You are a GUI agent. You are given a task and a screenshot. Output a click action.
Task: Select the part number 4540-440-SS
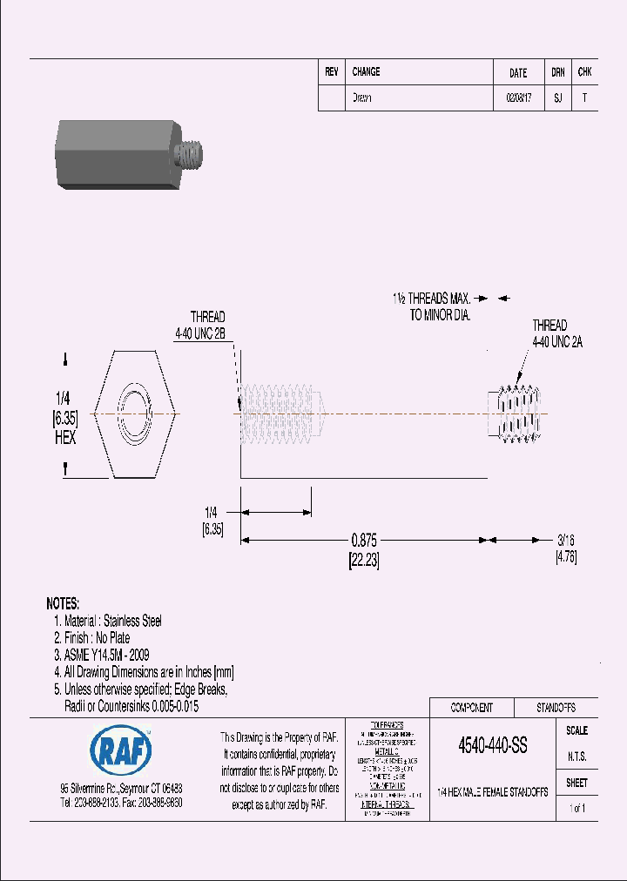pyautogui.click(x=492, y=746)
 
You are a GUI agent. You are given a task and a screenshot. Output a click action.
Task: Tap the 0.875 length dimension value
pyautogui.click(x=363, y=538)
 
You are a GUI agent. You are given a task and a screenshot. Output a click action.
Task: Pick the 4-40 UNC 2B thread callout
pyautogui.click(x=201, y=333)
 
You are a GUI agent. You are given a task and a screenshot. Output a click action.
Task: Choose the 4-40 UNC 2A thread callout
pyautogui.click(x=557, y=341)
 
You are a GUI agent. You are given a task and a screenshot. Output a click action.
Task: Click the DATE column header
pyautogui.click(x=518, y=73)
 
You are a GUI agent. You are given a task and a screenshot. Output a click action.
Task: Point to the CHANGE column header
pyautogui.click(x=366, y=72)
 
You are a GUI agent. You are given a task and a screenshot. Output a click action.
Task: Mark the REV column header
pyautogui.click(x=331, y=72)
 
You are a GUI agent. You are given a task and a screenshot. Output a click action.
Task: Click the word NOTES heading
pyautogui.click(x=63, y=603)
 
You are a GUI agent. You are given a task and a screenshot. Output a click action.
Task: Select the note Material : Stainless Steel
pyautogui.click(x=113, y=621)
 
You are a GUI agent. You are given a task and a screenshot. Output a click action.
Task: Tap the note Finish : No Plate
pyautogui.click(x=97, y=638)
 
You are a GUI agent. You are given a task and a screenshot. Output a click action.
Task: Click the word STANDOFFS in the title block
pyautogui.click(x=555, y=708)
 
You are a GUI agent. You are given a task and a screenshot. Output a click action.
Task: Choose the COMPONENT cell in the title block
pyautogui.click(x=471, y=708)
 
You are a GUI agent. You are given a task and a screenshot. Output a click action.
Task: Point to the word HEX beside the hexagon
pyautogui.click(x=64, y=437)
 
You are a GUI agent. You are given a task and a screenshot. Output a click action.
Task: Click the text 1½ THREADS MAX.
pyautogui.click(x=430, y=299)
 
